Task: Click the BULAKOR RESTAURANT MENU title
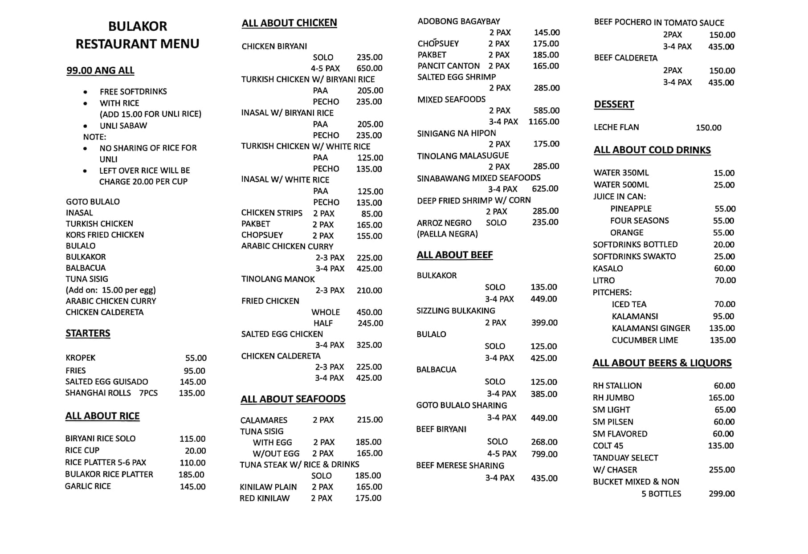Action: click(138, 35)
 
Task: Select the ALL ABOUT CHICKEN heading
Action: click(289, 23)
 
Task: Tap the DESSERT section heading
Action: click(614, 104)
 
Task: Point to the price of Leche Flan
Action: click(708, 128)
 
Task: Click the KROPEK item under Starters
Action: click(81, 358)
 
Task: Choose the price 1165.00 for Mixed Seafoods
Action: click(543, 122)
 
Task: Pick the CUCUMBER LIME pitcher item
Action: click(645, 340)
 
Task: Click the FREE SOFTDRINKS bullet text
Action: click(133, 92)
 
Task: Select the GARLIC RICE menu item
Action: click(88, 486)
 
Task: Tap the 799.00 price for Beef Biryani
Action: click(544, 454)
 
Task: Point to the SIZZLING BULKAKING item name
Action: click(456, 311)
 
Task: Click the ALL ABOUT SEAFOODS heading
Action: click(293, 399)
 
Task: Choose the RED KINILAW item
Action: click(265, 498)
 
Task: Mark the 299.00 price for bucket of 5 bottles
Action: click(722, 494)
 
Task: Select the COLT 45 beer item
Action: click(608, 446)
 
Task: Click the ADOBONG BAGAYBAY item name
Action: click(458, 21)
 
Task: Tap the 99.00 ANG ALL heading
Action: click(100, 70)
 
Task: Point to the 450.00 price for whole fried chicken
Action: click(369, 312)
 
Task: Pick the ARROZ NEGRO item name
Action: click(444, 223)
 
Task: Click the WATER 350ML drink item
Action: click(621, 173)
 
